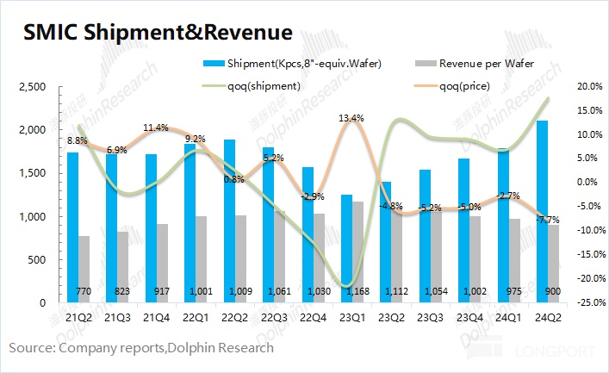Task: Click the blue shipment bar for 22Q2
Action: click(228, 221)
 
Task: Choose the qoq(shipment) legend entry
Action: click(263, 85)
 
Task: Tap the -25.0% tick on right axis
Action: click(587, 303)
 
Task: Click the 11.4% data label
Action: click(155, 128)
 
